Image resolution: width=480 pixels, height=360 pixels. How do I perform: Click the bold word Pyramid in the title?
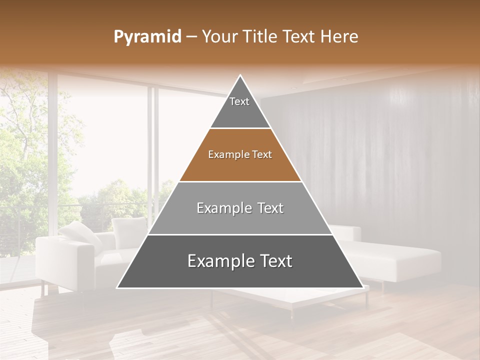pos(147,37)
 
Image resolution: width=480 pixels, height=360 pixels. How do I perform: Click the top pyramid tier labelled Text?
pos(240,105)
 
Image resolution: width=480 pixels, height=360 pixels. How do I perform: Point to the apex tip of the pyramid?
pos(240,76)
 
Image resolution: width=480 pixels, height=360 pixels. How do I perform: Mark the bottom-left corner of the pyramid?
pos(118,287)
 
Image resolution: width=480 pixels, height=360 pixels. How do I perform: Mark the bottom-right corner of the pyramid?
pos(362,287)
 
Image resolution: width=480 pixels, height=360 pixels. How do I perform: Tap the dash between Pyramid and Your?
pos(191,37)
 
